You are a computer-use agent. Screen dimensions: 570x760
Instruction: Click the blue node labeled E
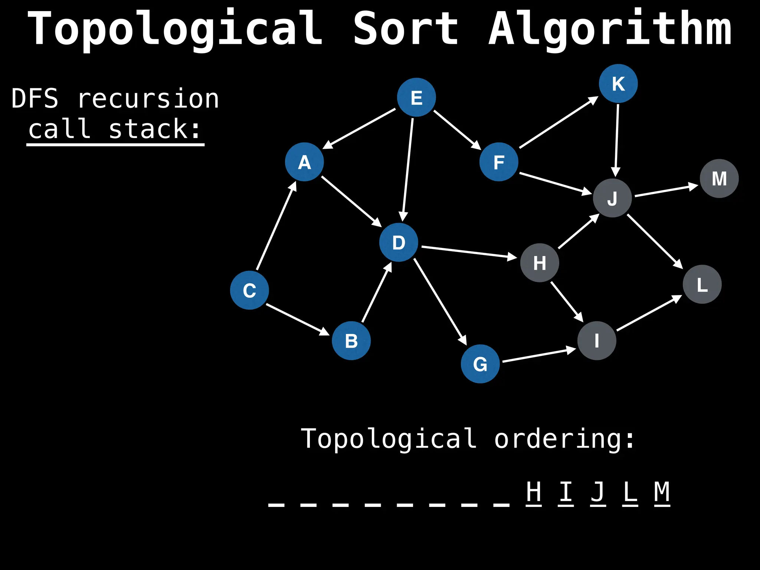(416, 97)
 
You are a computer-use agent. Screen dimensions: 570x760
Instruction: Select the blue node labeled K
(618, 83)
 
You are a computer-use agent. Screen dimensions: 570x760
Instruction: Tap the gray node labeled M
(719, 178)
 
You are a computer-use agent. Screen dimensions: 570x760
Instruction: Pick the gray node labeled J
(612, 198)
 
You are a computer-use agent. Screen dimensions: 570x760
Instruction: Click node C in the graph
(249, 290)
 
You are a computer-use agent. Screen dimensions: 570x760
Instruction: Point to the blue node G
(480, 364)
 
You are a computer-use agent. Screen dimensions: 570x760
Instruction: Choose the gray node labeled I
(597, 341)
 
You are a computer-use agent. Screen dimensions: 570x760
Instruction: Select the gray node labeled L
(702, 284)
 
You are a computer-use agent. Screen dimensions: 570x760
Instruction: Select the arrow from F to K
(558, 122)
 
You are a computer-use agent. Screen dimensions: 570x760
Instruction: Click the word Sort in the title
(406, 29)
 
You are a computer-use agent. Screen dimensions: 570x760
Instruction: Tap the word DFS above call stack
(35, 99)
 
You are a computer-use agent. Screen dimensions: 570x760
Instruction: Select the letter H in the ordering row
(534, 492)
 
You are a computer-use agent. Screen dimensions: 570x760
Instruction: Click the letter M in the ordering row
(662, 492)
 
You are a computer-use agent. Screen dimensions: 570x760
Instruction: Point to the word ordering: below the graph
(564, 439)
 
